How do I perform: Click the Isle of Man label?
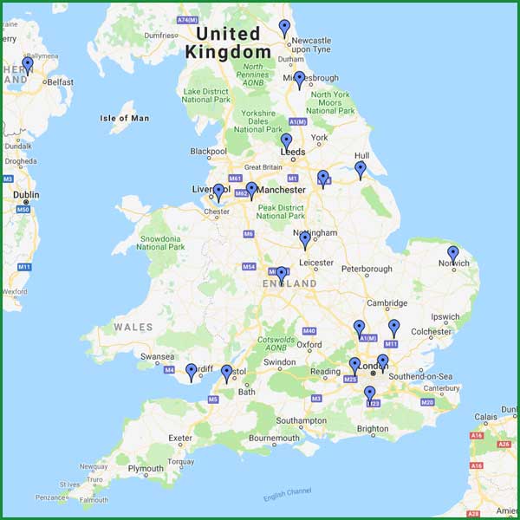(125, 118)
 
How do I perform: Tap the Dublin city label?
(26, 195)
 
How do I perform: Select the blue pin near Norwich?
(452, 254)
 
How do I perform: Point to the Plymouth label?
(145, 469)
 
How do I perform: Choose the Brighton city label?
(373, 428)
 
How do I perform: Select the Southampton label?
(302, 420)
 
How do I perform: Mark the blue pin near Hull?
(361, 169)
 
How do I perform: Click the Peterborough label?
(367, 269)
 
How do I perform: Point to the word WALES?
(133, 328)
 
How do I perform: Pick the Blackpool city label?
(208, 152)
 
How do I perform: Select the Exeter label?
(180, 438)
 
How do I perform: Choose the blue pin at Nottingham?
(304, 239)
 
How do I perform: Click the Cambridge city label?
(387, 303)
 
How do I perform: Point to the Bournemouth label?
(274, 439)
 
